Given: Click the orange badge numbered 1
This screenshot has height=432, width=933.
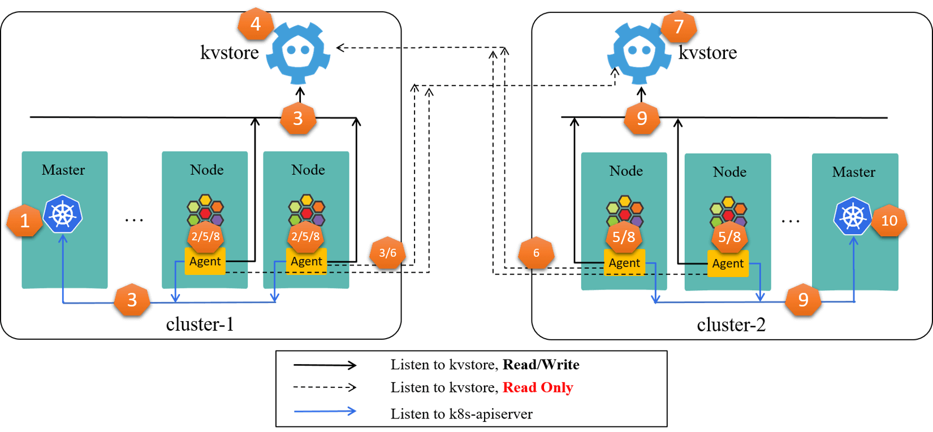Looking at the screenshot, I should click(24, 221).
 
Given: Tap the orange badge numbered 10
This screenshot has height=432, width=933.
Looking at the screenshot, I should click(889, 221).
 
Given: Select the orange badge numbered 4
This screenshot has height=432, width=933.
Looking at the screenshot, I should click(256, 24).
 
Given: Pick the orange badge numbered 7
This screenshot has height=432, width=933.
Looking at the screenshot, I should click(679, 26).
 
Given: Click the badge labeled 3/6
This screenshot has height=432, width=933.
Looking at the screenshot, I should click(387, 253).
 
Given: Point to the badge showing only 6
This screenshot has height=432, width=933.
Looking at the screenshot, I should click(536, 253).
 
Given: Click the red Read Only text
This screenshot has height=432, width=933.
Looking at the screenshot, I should click(538, 387).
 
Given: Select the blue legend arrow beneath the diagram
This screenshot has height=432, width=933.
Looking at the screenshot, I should click(325, 411).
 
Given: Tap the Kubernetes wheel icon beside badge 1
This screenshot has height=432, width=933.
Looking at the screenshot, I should click(63, 214).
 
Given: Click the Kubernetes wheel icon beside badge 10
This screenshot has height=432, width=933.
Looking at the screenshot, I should click(853, 216).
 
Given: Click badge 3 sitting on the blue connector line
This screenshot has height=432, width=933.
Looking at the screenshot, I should click(132, 300).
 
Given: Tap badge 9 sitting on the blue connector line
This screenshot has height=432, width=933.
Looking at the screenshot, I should click(803, 300).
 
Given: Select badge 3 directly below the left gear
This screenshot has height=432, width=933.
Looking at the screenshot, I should click(298, 118).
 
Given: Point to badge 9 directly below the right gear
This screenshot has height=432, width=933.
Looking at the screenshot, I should click(642, 118).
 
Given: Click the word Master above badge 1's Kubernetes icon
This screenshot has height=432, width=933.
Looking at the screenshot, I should click(63, 170).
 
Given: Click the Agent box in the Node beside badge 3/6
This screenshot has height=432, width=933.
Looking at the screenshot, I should click(306, 261).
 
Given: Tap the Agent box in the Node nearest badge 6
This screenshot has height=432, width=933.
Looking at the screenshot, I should click(624, 263).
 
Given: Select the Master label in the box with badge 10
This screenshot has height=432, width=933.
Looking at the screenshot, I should click(853, 172).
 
